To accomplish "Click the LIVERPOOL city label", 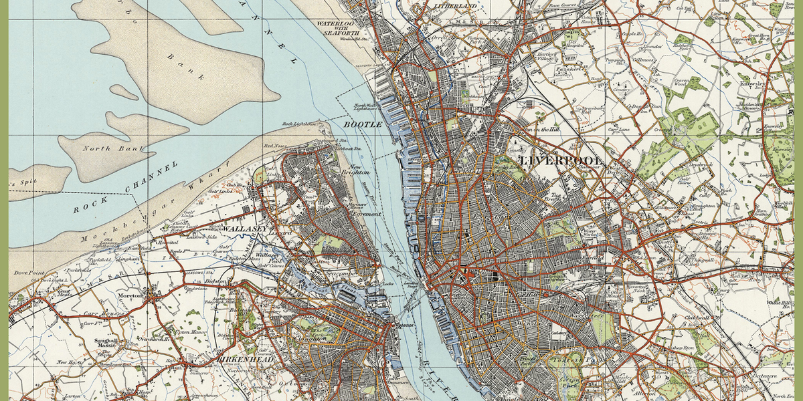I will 561,161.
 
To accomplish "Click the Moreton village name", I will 131,295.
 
